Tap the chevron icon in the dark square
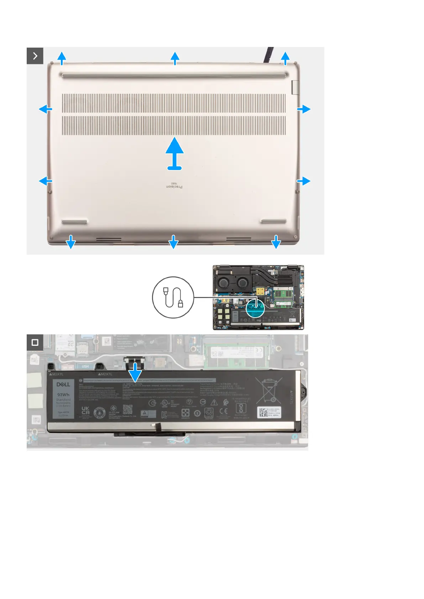pyautogui.click(x=35, y=56)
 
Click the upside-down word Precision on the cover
pyautogui.click(x=175, y=186)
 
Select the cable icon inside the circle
pyautogui.click(x=173, y=297)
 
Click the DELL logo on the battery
pyautogui.click(x=63, y=385)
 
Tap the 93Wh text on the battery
pyautogui.click(x=63, y=394)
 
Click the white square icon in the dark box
pyautogui.click(x=35, y=342)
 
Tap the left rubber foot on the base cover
pyautogui.click(x=74, y=221)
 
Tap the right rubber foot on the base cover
pyautogui.click(x=273, y=221)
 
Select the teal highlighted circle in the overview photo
pyautogui.click(x=255, y=308)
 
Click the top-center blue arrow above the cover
pyautogui.click(x=175, y=58)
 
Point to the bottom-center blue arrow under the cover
pyautogui.click(x=173, y=242)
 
